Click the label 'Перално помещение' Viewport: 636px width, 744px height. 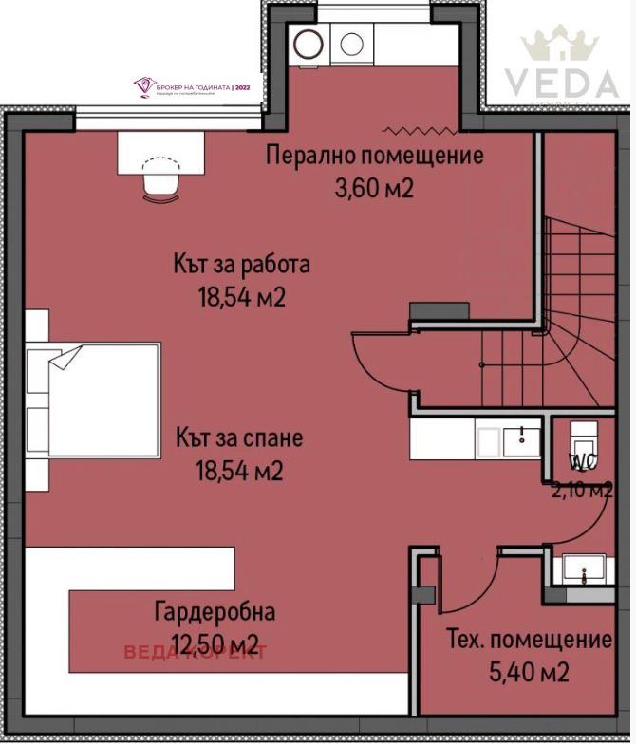[375, 155]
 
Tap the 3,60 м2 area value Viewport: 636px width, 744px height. [375, 188]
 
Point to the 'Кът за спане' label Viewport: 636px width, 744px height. [239, 438]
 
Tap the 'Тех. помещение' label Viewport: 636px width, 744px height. [529, 640]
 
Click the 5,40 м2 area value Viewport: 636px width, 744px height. [529, 673]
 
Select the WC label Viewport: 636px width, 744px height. [581, 463]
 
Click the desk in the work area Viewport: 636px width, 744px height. [160, 152]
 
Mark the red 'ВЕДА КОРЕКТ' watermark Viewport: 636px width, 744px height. [196, 652]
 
